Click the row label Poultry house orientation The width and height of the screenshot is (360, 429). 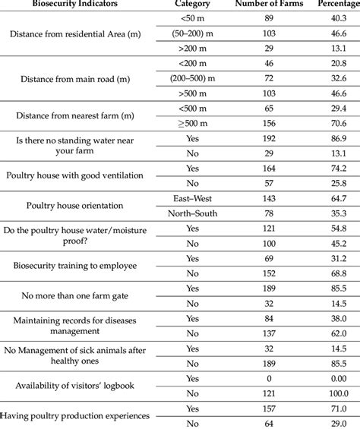coord(83,206)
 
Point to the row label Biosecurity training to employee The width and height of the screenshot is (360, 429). coord(83,264)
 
